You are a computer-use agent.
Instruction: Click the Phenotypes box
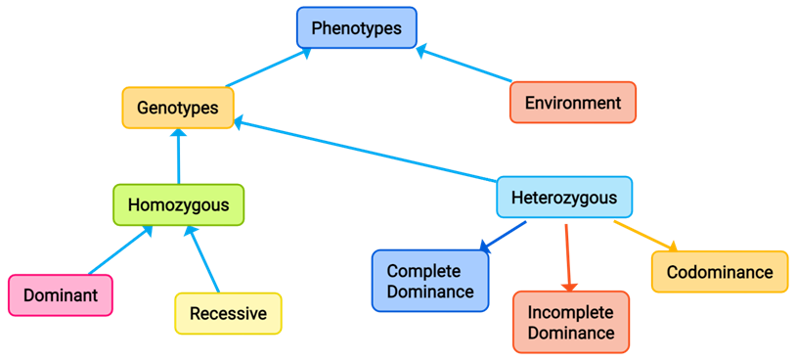[x=356, y=28]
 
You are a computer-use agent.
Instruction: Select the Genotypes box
[x=177, y=108]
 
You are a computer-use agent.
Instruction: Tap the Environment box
[x=572, y=103]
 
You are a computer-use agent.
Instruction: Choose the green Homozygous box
[x=178, y=205]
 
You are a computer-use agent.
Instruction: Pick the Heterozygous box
[x=563, y=198]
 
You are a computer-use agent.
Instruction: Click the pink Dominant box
[x=60, y=295]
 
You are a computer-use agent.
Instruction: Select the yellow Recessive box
[x=228, y=314]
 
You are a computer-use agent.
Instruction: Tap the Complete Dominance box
[x=429, y=281]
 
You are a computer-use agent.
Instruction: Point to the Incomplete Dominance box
[x=570, y=323]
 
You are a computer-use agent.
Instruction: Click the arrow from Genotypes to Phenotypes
[x=267, y=68]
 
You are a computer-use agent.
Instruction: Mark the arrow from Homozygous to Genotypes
[x=178, y=156]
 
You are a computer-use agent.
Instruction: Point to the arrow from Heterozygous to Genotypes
[x=367, y=152]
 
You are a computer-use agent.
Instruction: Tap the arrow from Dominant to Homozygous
[x=119, y=250]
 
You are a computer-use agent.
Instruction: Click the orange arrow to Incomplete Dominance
[x=568, y=256]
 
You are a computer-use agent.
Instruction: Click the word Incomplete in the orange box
[x=570, y=313]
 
